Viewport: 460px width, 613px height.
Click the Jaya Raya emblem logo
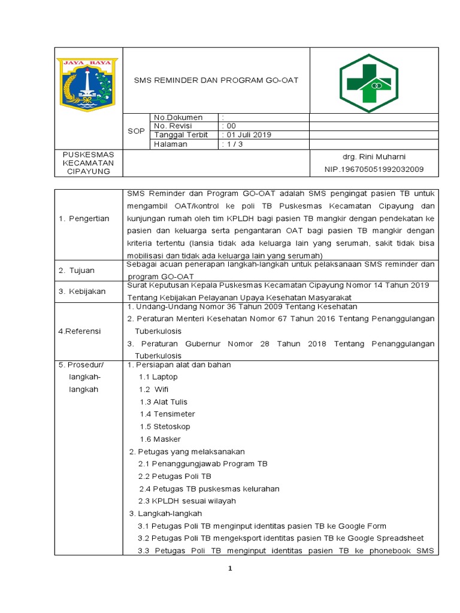click(x=88, y=84)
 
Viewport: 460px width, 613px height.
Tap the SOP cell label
click(x=136, y=131)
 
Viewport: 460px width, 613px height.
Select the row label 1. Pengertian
click(x=84, y=219)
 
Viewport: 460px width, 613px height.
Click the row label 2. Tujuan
click(x=77, y=271)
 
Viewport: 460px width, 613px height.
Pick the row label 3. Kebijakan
click(x=82, y=292)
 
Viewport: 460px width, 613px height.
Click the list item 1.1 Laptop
click(x=158, y=377)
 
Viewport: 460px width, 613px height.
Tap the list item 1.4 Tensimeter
click(x=167, y=414)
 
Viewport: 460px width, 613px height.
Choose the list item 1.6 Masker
click(x=160, y=439)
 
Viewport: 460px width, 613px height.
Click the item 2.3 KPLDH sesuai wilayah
click(x=187, y=501)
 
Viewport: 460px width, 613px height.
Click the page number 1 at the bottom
click(x=229, y=569)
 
